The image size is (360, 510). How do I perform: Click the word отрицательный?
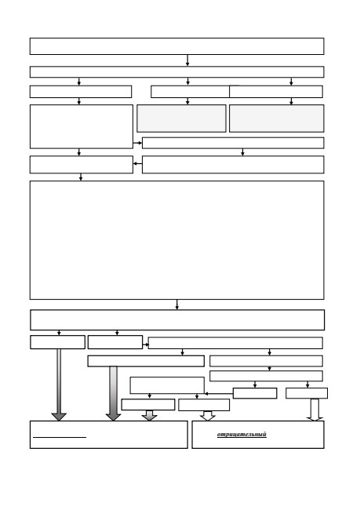click(x=242, y=435)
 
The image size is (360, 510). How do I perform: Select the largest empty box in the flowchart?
click(x=177, y=240)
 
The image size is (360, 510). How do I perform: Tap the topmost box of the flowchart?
click(x=177, y=46)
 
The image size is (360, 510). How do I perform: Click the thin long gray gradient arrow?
click(x=59, y=384)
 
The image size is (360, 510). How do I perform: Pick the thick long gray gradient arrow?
click(x=113, y=394)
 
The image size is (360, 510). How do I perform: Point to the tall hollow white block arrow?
click(x=315, y=410)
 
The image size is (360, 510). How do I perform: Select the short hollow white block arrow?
click(x=208, y=416)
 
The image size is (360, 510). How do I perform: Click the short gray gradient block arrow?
click(x=150, y=415)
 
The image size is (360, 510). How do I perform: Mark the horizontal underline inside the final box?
click(x=60, y=438)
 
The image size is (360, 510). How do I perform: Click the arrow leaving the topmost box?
click(x=187, y=60)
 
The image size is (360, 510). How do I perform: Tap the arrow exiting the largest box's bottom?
click(x=177, y=304)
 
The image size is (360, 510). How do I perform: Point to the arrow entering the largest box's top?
click(x=81, y=177)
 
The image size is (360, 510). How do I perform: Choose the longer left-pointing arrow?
click(x=219, y=394)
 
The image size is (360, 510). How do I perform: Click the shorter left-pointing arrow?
click(x=137, y=164)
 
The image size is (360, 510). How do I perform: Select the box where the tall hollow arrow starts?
click(x=307, y=393)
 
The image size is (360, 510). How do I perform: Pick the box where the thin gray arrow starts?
click(x=57, y=342)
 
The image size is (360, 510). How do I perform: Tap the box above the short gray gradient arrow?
click(x=148, y=405)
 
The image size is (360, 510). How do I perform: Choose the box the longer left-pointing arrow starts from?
click(x=255, y=393)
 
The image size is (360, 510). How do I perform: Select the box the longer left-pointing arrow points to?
click(x=167, y=385)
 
